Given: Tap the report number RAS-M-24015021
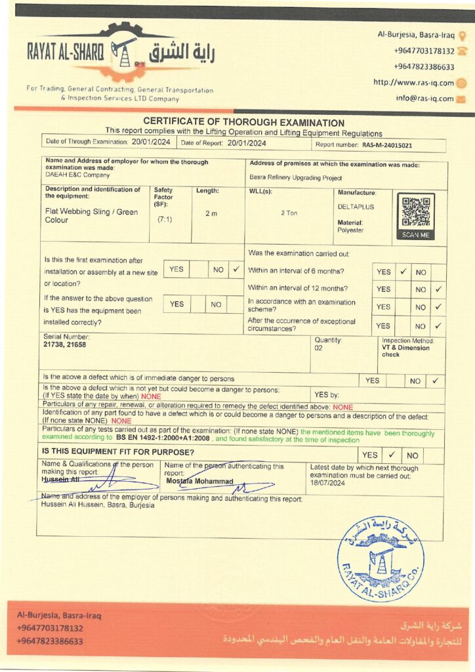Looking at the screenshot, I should pos(387,145).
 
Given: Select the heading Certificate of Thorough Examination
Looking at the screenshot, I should pos(243,122).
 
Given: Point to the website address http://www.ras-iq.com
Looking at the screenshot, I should pos(413,83).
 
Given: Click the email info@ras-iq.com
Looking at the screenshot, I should pos(424,98).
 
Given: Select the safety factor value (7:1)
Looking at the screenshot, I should pos(164,219).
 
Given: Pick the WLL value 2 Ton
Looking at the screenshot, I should pos(289,213).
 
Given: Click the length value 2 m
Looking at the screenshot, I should pos(211,214).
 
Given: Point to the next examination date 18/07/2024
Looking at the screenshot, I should pos(327,482).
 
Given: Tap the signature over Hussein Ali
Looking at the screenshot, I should pos(98,484).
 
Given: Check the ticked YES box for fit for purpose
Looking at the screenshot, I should pos(391,454).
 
